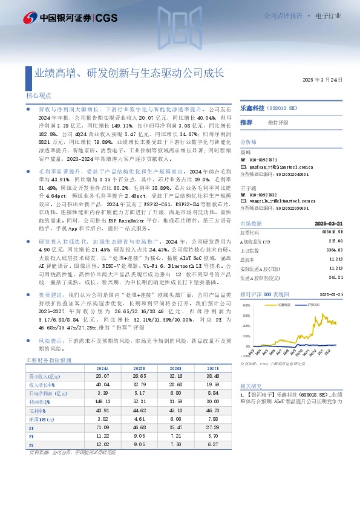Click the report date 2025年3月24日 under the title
(x=326, y=80)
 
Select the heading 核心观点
(x=38, y=95)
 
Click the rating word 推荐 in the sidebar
(x=246, y=122)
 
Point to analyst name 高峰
(x=245, y=152)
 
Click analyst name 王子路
(x=247, y=187)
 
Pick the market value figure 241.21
(x=336, y=277)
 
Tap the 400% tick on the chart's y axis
(x=247, y=305)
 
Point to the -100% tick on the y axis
(x=246, y=356)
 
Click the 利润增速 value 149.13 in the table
(x=102, y=401)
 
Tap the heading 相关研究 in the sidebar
(x=250, y=385)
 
